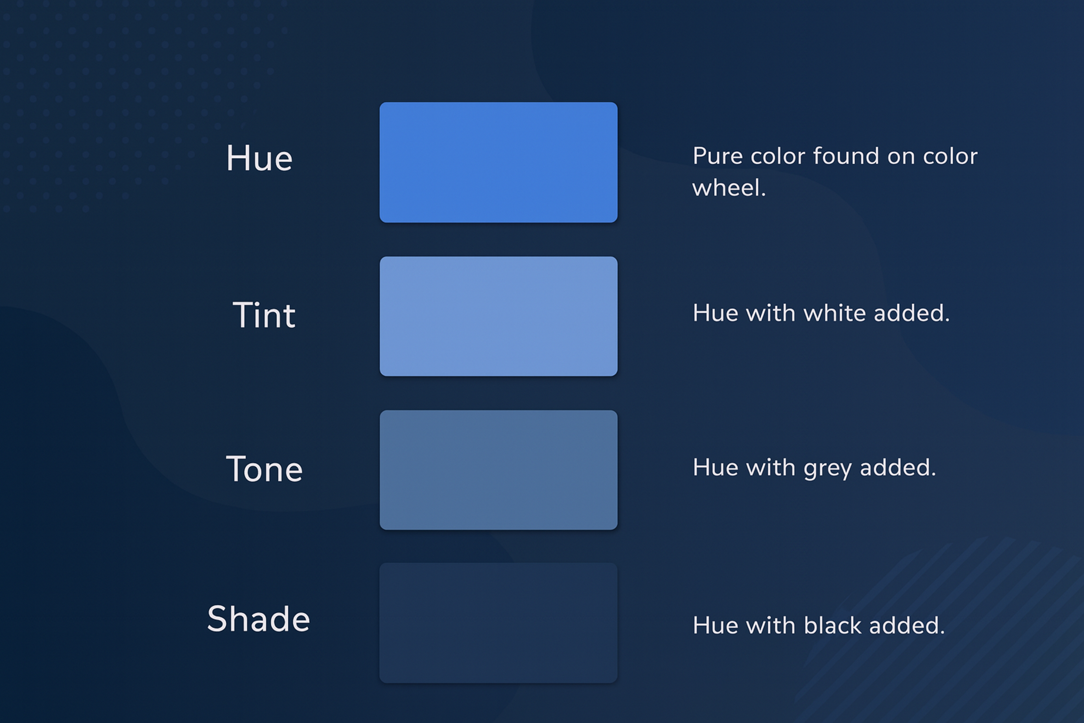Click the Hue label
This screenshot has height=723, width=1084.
click(259, 158)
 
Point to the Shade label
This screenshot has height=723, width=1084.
click(259, 619)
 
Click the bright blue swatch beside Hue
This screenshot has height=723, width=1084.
click(498, 162)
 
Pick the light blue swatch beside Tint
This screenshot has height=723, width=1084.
click(498, 316)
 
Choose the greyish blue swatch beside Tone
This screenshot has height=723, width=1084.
click(498, 470)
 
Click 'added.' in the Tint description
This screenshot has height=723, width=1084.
click(912, 313)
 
